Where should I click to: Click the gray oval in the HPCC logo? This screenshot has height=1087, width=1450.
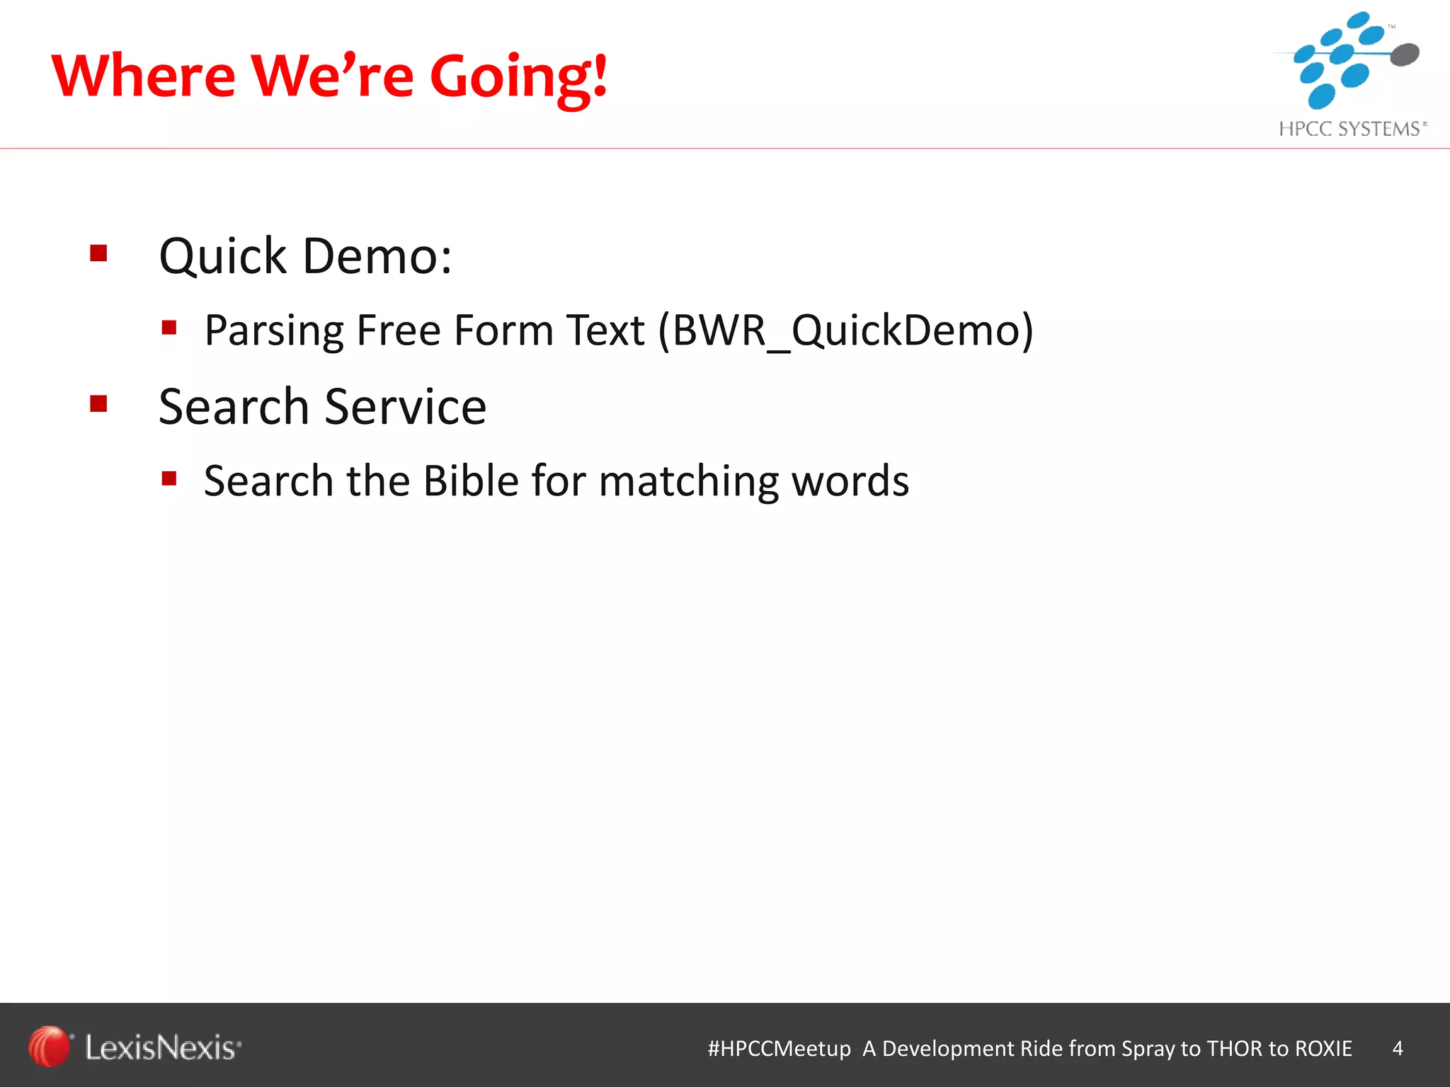click(x=1405, y=54)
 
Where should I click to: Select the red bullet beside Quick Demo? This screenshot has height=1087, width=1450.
click(x=98, y=253)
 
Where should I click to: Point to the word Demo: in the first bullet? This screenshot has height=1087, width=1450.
click(x=377, y=256)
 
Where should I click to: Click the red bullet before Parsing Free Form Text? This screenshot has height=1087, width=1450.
click(x=169, y=327)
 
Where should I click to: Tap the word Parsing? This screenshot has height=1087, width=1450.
click(x=274, y=331)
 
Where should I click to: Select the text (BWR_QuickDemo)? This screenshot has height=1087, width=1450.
click(x=846, y=331)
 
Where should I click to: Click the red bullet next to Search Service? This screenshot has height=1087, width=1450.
click(x=98, y=403)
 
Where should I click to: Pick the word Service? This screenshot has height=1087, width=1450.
click(x=406, y=407)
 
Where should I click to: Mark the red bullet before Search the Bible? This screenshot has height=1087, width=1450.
click(x=169, y=478)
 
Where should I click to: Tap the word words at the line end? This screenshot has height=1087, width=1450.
click(x=850, y=481)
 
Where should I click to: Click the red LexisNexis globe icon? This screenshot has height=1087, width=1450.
click(x=49, y=1046)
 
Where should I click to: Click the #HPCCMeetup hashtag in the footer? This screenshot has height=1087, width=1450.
click(x=779, y=1048)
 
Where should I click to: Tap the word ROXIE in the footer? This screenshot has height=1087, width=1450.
click(x=1323, y=1048)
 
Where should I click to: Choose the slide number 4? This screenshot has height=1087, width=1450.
click(x=1397, y=1048)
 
